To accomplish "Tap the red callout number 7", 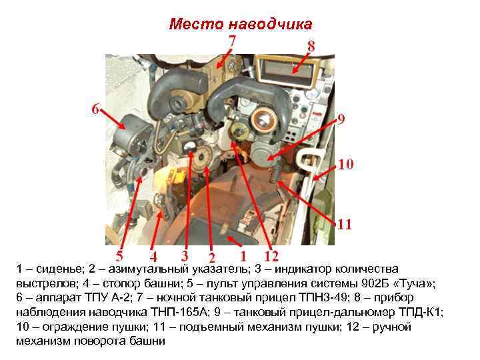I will click(x=232, y=41).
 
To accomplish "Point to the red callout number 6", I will click(x=96, y=109).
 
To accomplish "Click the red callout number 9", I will click(x=341, y=121).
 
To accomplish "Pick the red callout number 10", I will click(x=345, y=164).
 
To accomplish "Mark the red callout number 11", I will click(x=344, y=224).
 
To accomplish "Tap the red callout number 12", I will click(x=271, y=256).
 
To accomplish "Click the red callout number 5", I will click(x=119, y=255).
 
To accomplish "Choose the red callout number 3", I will click(x=183, y=255).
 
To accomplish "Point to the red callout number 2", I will click(x=211, y=257).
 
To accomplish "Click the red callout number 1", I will click(x=243, y=255).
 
